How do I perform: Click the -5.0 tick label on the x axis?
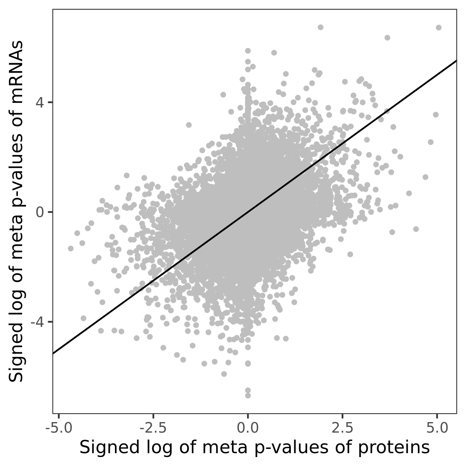[x=58, y=428]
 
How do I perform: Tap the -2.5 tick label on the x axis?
[x=153, y=428]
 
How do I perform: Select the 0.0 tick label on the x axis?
[x=248, y=428]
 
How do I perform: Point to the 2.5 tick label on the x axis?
[x=343, y=428]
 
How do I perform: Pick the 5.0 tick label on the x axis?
[x=437, y=428]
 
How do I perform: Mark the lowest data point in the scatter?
[x=248, y=395]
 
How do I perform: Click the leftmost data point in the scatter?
[x=71, y=248]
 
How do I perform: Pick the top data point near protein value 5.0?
[x=439, y=28]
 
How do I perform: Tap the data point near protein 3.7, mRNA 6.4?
[x=387, y=38]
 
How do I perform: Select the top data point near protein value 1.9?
[x=320, y=27]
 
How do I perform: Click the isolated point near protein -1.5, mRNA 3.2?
[x=189, y=125]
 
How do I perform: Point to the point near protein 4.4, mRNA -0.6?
[x=416, y=229]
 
